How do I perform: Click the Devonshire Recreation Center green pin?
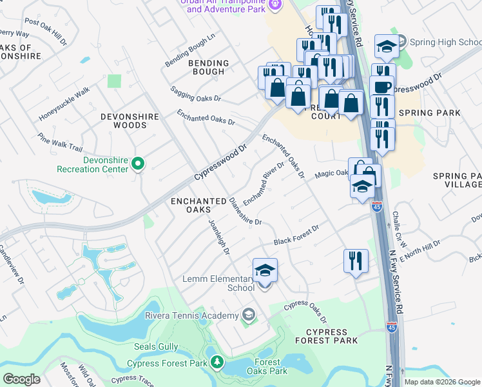pyautogui.click(x=137, y=164)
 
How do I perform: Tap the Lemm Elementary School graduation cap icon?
pyautogui.click(x=264, y=271)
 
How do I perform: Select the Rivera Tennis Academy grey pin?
pyautogui.click(x=248, y=315)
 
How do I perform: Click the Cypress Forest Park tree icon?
pyautogui.click(x=217, y=363)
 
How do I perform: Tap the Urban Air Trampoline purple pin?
pyautogui.click(x=276, y=5)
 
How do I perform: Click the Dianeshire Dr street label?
pyautogui.click(x=245, y=211)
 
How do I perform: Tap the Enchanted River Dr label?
pyautogui.click(x=264, y=184)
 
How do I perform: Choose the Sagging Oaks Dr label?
pyautogui.click(x=195, y=95)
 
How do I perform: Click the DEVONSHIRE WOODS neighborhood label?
pyautogui.click(x=124, y=121)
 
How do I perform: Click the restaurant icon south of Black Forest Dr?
pyautogui.click(x=356, y=261)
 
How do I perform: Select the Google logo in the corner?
pyautogui.click(x=21, y=379)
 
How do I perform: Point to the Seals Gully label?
pyautogui.click(x=155, y=346)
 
